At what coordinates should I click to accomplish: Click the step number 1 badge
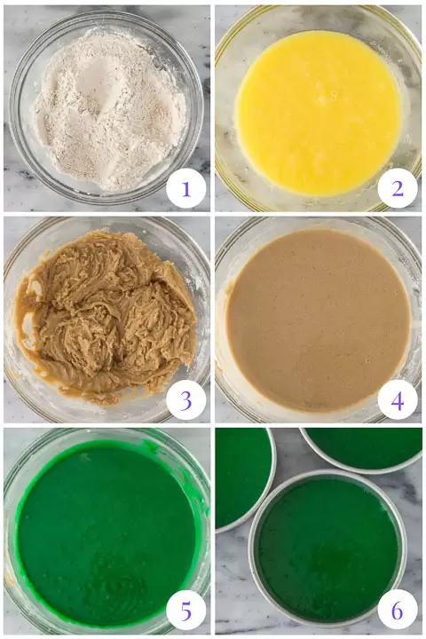(185, 189)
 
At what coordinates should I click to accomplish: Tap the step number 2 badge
(398, 189)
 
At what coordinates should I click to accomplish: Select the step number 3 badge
(185, 400)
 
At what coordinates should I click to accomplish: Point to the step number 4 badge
(398, 400)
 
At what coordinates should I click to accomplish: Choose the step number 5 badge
(185, 611)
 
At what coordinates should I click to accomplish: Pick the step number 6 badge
(398, 611)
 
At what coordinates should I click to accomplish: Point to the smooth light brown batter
(318, 319)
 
